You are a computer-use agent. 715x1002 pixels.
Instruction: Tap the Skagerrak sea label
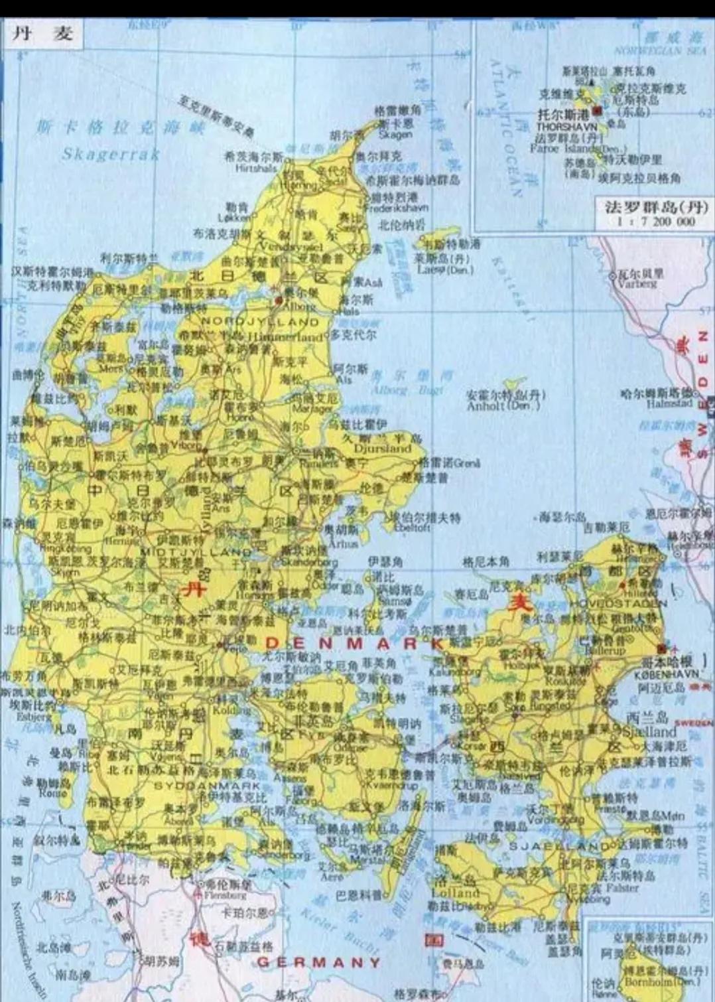click(x=111, y=155)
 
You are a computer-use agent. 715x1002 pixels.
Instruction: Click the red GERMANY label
click(x=319, y=962)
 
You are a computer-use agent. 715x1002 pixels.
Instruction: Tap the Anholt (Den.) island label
click(x=503, y=406)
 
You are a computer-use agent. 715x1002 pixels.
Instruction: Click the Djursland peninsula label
click(x=383, y=448)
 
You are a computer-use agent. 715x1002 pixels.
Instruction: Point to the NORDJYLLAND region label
click(x=260, y=321)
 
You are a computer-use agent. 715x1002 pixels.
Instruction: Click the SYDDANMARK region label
click(x=198, y=786)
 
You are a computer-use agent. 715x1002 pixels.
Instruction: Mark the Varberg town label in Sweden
click(x=637, y=283)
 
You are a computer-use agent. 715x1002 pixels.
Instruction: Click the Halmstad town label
click(x=669, y=403)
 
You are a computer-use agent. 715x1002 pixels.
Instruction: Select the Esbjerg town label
click(x=34, y=717)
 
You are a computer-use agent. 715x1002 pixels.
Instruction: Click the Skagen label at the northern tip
click(x=395, y=134)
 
